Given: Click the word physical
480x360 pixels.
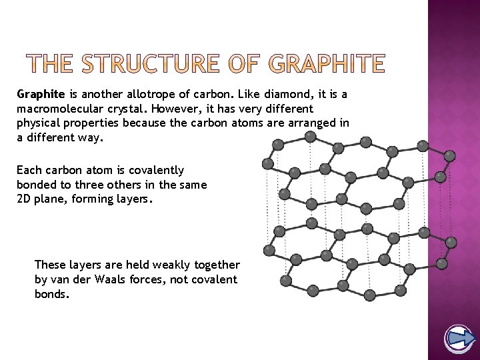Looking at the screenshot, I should pos(39,123).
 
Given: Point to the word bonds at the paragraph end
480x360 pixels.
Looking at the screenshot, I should pos(51,294).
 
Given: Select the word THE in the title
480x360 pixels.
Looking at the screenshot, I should pos(44,65).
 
